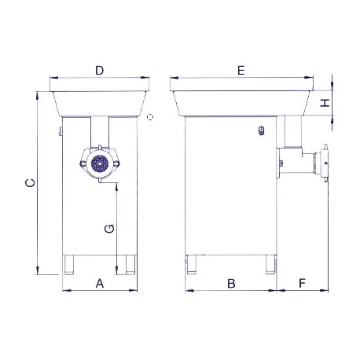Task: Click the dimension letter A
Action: pyautogui.click(x=99, y=283)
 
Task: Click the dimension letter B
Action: pyautogui.click(x=232, y=283)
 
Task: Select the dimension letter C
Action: pyautogui.click(x=29, y=183)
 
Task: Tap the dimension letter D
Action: pyautogui.click(x=100, y=71)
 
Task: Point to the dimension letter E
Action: pyautogui.click(x=241, y=71)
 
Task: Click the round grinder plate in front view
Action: pyautogui.click(x=100, y=163)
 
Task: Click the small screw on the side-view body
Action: pyautogui.click(x=261, y=131)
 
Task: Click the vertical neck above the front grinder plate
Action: pyautogui.click(x=101, y=130)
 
